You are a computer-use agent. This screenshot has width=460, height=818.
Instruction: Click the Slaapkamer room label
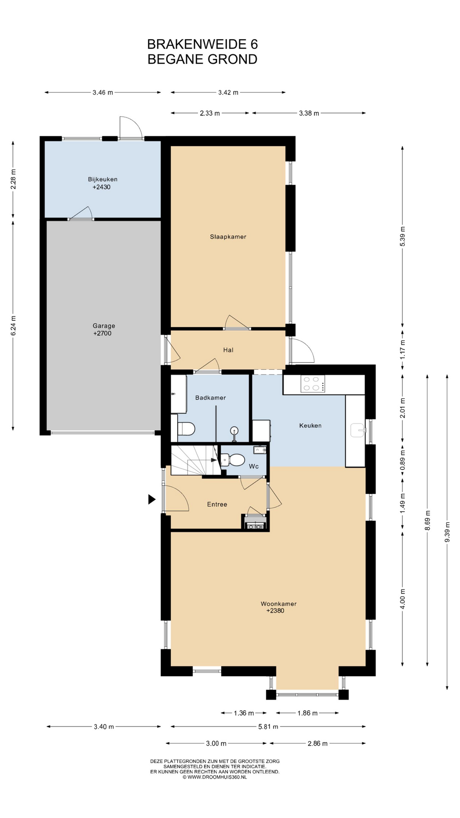(x=228, y=237)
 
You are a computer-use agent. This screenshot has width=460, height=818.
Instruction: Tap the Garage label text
(x=104, y=326)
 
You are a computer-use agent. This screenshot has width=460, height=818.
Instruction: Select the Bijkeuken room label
(x=103, y=179)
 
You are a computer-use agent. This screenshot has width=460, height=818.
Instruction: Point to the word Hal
(x=228, y=350)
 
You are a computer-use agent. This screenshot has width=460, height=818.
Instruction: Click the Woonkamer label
(x=279, y=604)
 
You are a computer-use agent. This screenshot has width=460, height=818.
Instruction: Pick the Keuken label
(x=310, y=426)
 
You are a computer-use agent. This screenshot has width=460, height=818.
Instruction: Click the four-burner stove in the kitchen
(x=313, y=384)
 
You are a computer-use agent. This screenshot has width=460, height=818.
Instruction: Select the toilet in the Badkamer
(x=185, y=429)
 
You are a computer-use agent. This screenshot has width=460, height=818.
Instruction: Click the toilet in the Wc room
(x=233, y=460)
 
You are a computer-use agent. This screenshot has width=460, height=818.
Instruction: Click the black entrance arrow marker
(x=152, y=499)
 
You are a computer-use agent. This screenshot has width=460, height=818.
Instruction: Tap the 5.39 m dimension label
(x=403, y=236)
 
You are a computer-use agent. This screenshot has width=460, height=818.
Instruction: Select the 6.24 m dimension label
(x=13, y=325)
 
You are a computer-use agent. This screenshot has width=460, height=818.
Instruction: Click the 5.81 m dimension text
(x=268, y=727)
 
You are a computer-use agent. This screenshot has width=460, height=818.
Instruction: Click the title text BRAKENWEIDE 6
(x=202, y=44)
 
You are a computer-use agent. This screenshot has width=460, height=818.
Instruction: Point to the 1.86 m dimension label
(x=308, y=713)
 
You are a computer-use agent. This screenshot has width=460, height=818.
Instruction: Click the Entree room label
(x=217, y=504)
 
